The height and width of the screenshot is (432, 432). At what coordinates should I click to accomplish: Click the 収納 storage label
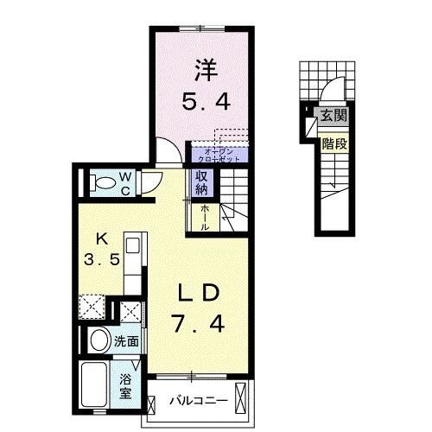[201, 182]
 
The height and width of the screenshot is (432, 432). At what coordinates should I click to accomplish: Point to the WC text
[124, 182]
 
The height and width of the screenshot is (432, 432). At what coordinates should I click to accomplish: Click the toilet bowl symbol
[102, 182]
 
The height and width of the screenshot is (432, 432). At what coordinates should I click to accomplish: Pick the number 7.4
[200, 326]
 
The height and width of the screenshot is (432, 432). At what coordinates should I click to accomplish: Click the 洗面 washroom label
[127, 341]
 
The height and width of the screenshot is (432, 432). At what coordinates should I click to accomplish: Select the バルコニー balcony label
[198, 401]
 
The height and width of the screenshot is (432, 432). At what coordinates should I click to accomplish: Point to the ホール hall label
[203, 217]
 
